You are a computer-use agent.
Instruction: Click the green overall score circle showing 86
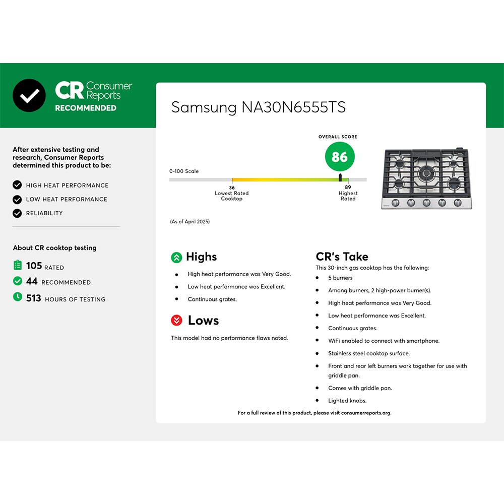340,157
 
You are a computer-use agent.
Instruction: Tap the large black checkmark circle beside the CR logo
29,95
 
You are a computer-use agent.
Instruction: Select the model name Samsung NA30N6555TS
259,107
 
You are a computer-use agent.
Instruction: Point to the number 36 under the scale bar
232,187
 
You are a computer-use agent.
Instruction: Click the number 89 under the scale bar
348,187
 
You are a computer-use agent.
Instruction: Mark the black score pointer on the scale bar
340,177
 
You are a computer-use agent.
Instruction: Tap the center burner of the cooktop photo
426,174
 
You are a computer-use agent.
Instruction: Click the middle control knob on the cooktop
426,203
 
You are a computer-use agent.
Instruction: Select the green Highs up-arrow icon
176,258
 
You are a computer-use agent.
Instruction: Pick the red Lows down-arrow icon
176,320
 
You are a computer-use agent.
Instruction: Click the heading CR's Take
342,257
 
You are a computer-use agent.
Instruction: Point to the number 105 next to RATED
34,266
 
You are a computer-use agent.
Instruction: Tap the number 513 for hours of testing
34,298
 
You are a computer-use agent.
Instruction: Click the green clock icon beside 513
18,297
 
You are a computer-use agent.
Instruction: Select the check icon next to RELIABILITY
17,213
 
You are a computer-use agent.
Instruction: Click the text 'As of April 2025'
190,221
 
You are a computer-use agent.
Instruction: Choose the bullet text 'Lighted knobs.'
347,401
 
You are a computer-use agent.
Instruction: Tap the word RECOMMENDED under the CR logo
86,108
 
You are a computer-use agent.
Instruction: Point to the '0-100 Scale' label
184,171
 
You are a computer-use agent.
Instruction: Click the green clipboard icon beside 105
18,265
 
